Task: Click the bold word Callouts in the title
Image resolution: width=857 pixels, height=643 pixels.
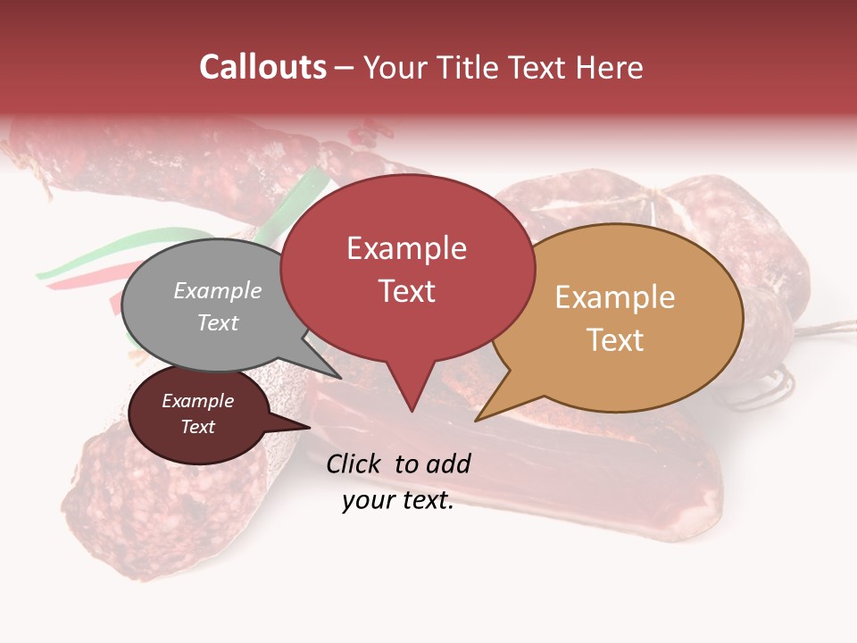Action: (262, 67)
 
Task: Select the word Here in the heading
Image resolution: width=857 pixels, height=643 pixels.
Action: (611, 67)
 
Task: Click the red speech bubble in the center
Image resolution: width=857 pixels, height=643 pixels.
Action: (407, 268)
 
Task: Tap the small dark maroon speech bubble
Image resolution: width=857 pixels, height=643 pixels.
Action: (197, 415)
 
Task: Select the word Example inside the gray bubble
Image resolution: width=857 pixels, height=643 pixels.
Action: (218, 291)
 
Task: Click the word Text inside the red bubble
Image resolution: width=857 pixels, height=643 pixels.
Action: (407, 291)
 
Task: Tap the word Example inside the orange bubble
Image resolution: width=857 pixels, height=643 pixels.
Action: (615, 297)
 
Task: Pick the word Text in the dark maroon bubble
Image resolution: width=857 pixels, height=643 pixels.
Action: (198, 427)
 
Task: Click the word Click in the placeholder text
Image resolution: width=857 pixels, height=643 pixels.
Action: (355, 463)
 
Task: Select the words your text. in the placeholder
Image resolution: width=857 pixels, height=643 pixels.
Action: (398, 501)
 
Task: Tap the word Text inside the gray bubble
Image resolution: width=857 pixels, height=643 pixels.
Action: (218, 322)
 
